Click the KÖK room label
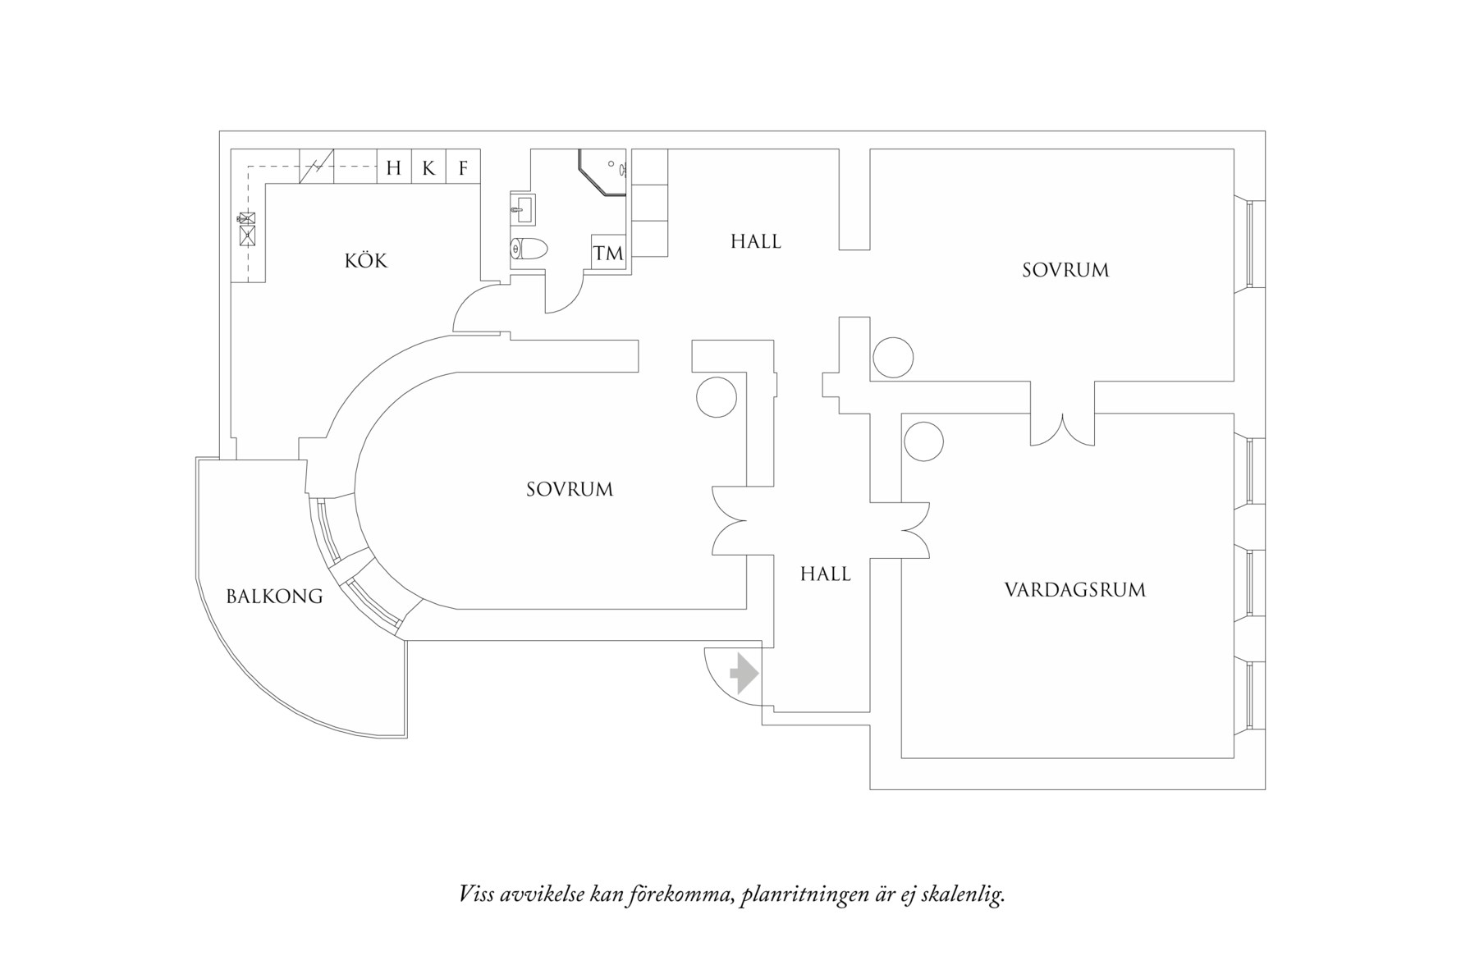tap(366, 261)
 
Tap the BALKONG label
tap(274, 597)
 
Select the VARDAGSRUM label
tap(1074, 589)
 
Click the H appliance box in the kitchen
tap(394, 168)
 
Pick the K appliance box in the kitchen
tap(428, 168)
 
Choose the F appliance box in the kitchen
tap(463, 168)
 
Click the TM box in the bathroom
tap(608, 253)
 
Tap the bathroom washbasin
tap(522, 210)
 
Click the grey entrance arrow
tap(744, 674)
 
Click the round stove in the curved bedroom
tap(716, 397)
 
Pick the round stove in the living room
tap(923, 441)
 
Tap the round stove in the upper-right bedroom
tap(892, 358)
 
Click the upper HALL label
tap(756, 241)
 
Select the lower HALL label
tap(825, 574)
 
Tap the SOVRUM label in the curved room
tap(570, 489)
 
